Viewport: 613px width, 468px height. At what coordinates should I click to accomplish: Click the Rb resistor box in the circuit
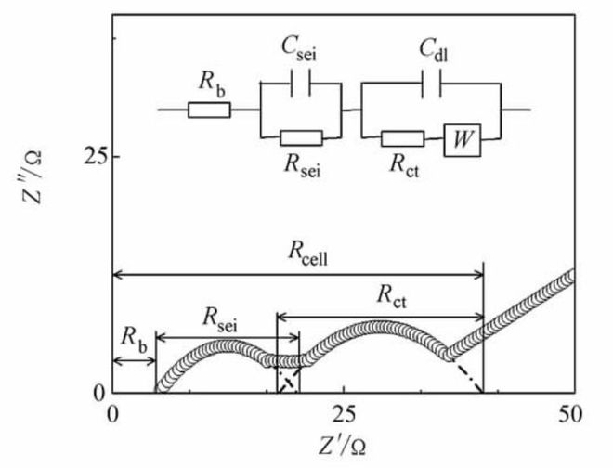point(209,110)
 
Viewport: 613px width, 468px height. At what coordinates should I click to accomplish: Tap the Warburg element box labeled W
point(460,139)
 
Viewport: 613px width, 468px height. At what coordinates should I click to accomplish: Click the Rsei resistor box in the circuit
point(301,138)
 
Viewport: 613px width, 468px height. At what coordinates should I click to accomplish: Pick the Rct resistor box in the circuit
point(403,139)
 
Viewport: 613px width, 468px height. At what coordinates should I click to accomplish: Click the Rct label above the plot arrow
point(395,298)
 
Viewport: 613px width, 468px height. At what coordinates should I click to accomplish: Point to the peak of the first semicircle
point(227,345)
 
